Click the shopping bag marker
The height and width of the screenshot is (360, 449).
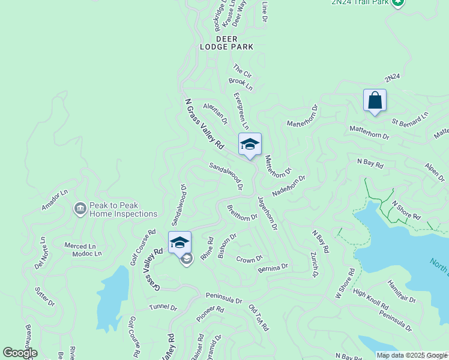(375, 100)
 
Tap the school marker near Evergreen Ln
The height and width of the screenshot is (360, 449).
(250, 145)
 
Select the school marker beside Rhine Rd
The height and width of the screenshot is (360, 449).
(179, 243)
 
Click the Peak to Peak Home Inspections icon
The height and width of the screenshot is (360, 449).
(80, 209)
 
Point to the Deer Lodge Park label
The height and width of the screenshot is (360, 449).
(227, 42)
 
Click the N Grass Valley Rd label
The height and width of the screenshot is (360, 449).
(204, 124)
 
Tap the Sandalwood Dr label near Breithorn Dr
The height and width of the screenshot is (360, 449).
(226, 176)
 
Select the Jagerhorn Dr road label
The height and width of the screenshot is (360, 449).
(267, 213)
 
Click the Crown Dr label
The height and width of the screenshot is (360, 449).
(249, 259)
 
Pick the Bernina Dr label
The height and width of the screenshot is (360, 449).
(273, 266)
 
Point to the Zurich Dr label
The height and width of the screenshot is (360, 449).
(313, 265)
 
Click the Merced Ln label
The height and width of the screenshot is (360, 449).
(80, 246)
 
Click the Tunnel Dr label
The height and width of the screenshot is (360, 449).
(163, 308)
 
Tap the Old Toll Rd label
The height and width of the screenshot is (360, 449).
(259, 318)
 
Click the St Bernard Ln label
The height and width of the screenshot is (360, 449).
(411, 119)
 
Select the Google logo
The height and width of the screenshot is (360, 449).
(20, 352)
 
